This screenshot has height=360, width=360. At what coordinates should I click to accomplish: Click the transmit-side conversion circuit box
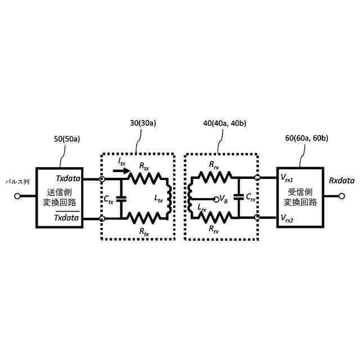(59, 197)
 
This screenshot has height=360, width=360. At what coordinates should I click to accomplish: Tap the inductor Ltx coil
(169, 198)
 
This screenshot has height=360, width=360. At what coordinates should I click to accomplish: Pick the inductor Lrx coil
(191, 198)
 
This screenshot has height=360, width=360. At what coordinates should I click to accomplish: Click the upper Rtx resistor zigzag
(146, 179)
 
